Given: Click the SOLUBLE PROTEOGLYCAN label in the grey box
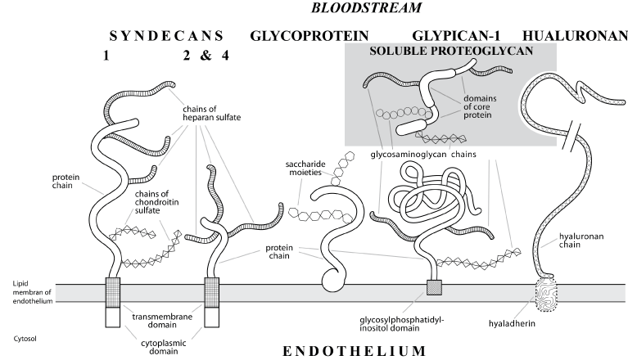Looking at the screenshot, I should pos(452,51).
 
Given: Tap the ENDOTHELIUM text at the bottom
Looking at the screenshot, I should pos(354,352).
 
